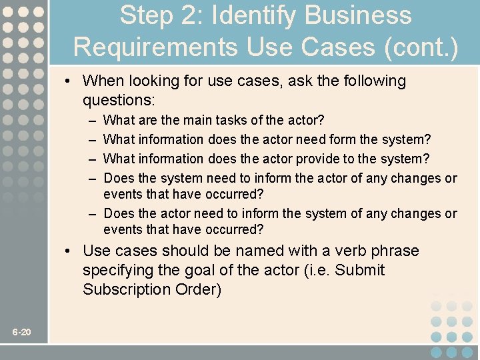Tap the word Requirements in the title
155,47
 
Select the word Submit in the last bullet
361,270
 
